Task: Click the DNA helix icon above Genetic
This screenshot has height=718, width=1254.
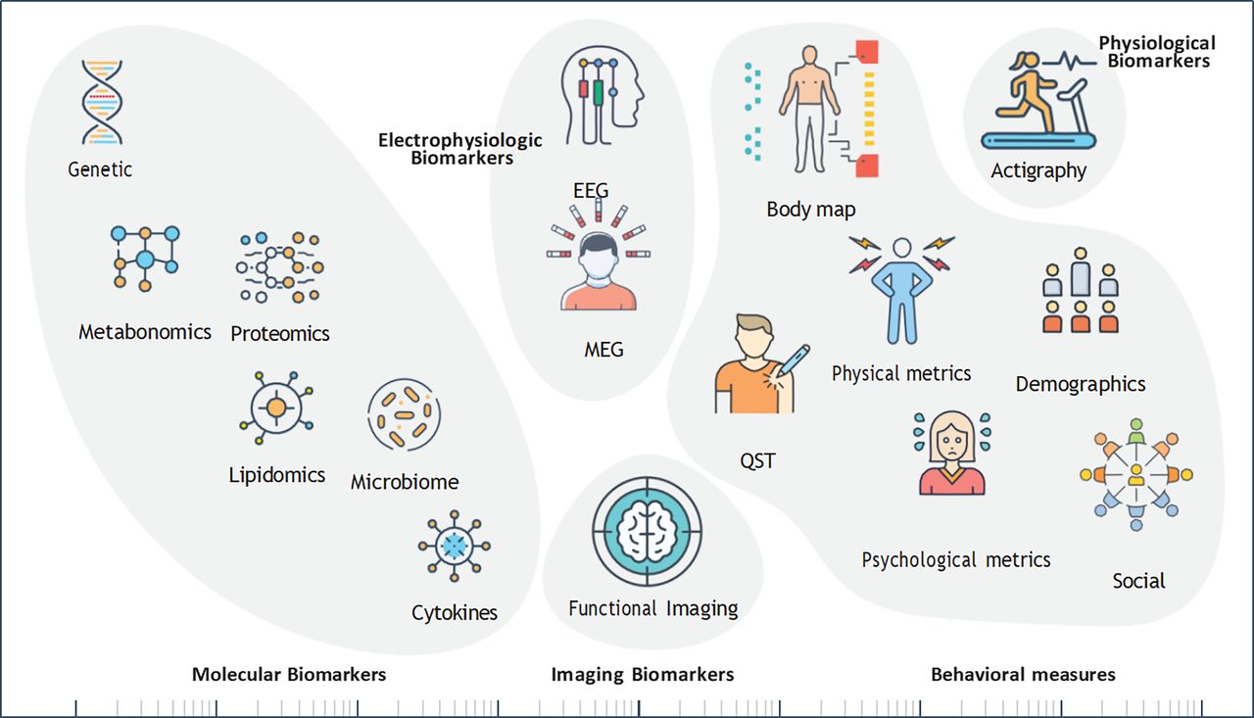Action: click(102, 103)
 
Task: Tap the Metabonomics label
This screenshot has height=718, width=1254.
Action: click(144, 332)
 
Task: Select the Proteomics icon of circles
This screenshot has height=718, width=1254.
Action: click(280, 267)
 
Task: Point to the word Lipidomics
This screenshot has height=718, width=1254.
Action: click(276, 475)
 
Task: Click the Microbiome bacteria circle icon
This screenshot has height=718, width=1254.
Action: click(405, 414)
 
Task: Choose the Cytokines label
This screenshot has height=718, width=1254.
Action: click(454, 613)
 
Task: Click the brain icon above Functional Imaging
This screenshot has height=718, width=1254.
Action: click(648, 531)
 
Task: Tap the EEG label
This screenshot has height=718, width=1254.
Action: click(591, 191)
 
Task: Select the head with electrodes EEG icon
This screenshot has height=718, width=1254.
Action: click(602, 95)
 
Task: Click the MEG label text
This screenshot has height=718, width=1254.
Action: click(603, 350)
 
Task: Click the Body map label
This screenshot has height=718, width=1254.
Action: click(810, 210)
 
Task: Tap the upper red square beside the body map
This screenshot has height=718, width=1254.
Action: click(867, 52)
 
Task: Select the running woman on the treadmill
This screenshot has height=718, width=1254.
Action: click(1033, 92)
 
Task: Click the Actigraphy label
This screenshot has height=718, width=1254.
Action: click(1038, 170)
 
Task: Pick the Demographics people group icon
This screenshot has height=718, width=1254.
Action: click(1081, 291)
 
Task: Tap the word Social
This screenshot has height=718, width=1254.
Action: click(1138, 581)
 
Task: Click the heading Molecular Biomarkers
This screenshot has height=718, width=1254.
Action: click(289, 674)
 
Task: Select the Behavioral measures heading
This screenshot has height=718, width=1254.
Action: click(1023, 674)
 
